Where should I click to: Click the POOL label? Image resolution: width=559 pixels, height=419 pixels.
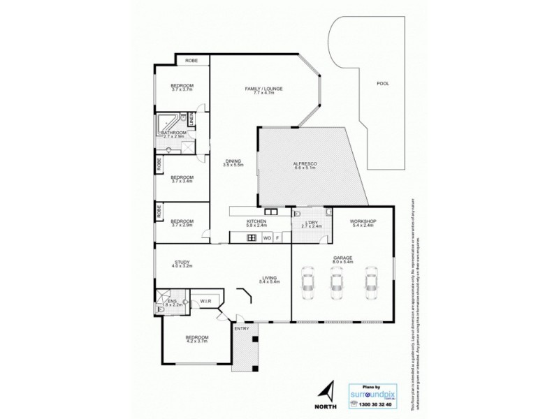click(382, 83)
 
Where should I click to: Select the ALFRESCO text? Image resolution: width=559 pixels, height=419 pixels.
click(305, 165)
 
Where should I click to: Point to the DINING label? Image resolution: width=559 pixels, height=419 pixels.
click(232, 161)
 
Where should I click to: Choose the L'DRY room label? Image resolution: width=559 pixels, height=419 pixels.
click(311, 223)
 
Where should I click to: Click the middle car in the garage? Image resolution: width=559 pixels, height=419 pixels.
click(337, 281)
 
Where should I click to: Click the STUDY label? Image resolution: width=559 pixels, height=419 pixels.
click(182, 263)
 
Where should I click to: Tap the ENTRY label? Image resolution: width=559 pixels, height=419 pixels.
click(241, 328)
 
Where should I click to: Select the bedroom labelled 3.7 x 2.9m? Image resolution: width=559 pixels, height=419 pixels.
click(182, 223)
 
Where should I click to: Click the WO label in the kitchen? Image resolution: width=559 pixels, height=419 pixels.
click(267, 238)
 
